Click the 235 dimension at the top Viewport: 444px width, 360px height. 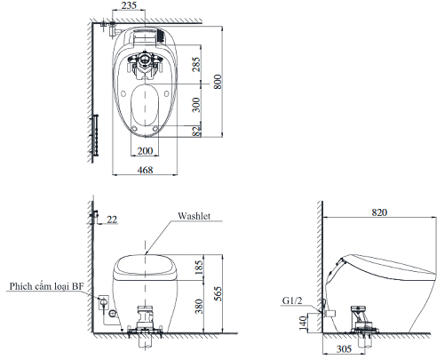pyautogui.click(x=129, y=5)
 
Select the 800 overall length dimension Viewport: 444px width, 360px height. pyautogui.click(x=218, y=82)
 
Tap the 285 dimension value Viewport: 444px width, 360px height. pyautogui.click(x=196, y=64)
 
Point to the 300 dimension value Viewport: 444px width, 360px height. pyautogui.click(x=196, y=105)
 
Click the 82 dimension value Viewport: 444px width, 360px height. pyautogui.click(x=196, y=131)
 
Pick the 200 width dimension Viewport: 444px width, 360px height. pyautogui.click(x=145, y=151)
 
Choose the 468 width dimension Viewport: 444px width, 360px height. pyautogui.click(x=145, y=170)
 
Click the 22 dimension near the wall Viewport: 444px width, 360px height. pyautogui.click(x=112, y=220)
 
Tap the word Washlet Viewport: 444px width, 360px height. pyautogui.click(x=194, y=216)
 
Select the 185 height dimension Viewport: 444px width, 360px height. pyautogui.click(x=199, y=267)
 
